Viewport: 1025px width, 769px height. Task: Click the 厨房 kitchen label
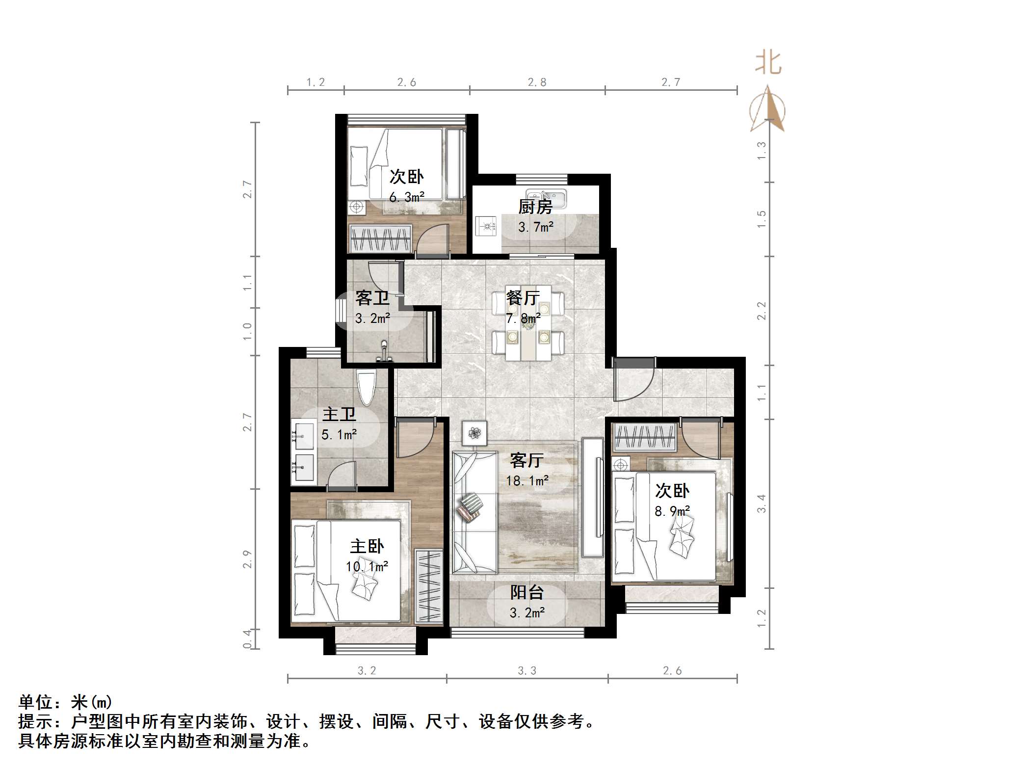(x=535, y=207)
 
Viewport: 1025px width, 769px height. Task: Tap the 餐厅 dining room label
(x=523, y=298)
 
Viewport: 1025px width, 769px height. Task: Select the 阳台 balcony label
(x=527, y=593)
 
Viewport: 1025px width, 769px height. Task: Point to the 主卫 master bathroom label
(x=339, y=415)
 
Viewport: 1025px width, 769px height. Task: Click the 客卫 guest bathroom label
(x=372, y=298)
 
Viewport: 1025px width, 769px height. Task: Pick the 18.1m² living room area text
(x=527, y=481)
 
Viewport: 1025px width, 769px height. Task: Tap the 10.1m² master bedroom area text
(x=367, y=567)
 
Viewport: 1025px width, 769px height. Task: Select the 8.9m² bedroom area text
(x=672, y=511)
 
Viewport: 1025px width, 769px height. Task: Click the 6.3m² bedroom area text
(x=407, y=197)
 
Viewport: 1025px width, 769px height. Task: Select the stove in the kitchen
(x=487, y=226)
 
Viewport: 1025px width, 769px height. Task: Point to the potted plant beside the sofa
(x=474, y=433)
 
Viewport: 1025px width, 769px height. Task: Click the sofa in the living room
(x=474, y=512)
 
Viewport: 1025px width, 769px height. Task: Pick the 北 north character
(x=768, y=63)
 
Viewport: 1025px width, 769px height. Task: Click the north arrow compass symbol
(x=767, y=110)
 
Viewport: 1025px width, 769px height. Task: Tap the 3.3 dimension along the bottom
(x=527, y=671)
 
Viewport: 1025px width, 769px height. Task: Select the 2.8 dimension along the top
(x=537, y=82)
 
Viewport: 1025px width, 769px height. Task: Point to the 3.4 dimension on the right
(x=761, y=504)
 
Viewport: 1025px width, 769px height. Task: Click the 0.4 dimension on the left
(x=247, y=639)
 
